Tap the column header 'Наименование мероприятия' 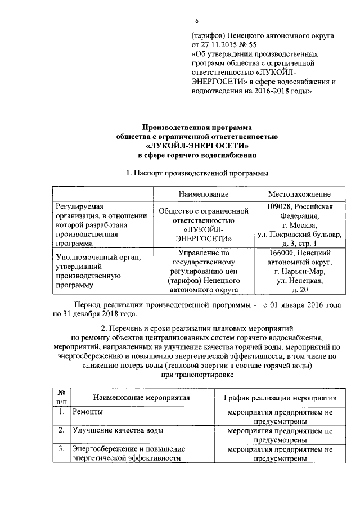(141, 398)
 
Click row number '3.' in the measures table (60, 449)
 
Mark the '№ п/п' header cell (61, 398)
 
